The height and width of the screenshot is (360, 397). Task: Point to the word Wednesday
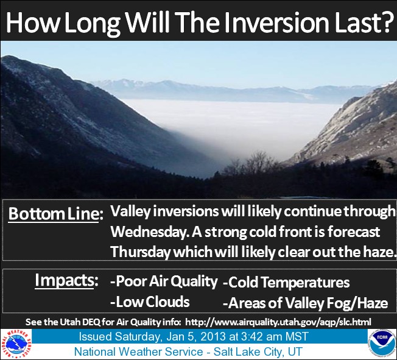149,232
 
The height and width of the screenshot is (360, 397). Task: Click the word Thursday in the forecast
140,252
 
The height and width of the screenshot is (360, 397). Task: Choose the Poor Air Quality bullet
164,281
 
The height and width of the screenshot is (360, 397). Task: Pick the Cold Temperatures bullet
286,282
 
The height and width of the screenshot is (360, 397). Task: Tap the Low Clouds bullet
150,302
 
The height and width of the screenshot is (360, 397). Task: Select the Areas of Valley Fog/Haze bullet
305,303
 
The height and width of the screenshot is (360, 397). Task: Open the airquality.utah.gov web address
278,322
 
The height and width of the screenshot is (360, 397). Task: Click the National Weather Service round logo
16,344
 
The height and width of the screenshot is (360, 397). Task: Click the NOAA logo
382,344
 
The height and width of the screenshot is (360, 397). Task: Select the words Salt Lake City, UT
258,351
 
